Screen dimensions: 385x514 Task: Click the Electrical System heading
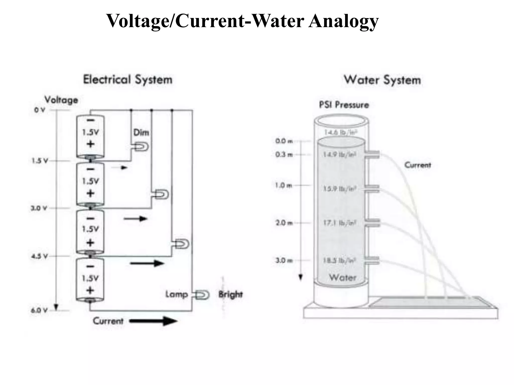click(x=128, y=80)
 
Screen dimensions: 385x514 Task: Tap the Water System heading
click(x=382, y=80)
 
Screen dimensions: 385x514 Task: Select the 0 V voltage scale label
click(x=40, y=110)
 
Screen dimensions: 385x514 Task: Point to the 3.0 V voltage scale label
click(x=39, y=208)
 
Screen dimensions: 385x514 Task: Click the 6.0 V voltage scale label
click(x=39, y=310)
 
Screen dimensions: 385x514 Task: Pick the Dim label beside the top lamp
click(x=141, y=132)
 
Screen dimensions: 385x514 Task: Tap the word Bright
click(x=230, y=295)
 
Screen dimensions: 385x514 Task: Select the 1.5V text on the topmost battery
click(x=91, y=132)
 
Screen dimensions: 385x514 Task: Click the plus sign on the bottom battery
click(x=90, y=290)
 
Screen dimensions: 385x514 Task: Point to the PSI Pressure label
click(x=344, y=105)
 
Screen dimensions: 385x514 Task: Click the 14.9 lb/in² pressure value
click(x=340, y=154)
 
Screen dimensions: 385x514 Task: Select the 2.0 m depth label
click(x=284, y=223)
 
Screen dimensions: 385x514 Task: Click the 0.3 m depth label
click(x=284, y=154)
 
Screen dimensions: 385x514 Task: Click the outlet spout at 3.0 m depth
click(x=372, y=260)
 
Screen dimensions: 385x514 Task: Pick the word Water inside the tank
click(x=343, y=277)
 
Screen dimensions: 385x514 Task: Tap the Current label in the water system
click(x=418, y=165)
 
